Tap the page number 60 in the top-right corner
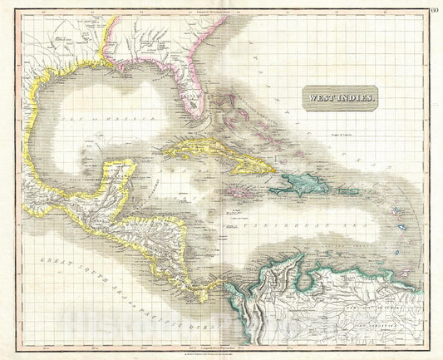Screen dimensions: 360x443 pyautogui.click(x=434, y=9)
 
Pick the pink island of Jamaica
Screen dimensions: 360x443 pyautogui.click(x=222, y=194)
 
